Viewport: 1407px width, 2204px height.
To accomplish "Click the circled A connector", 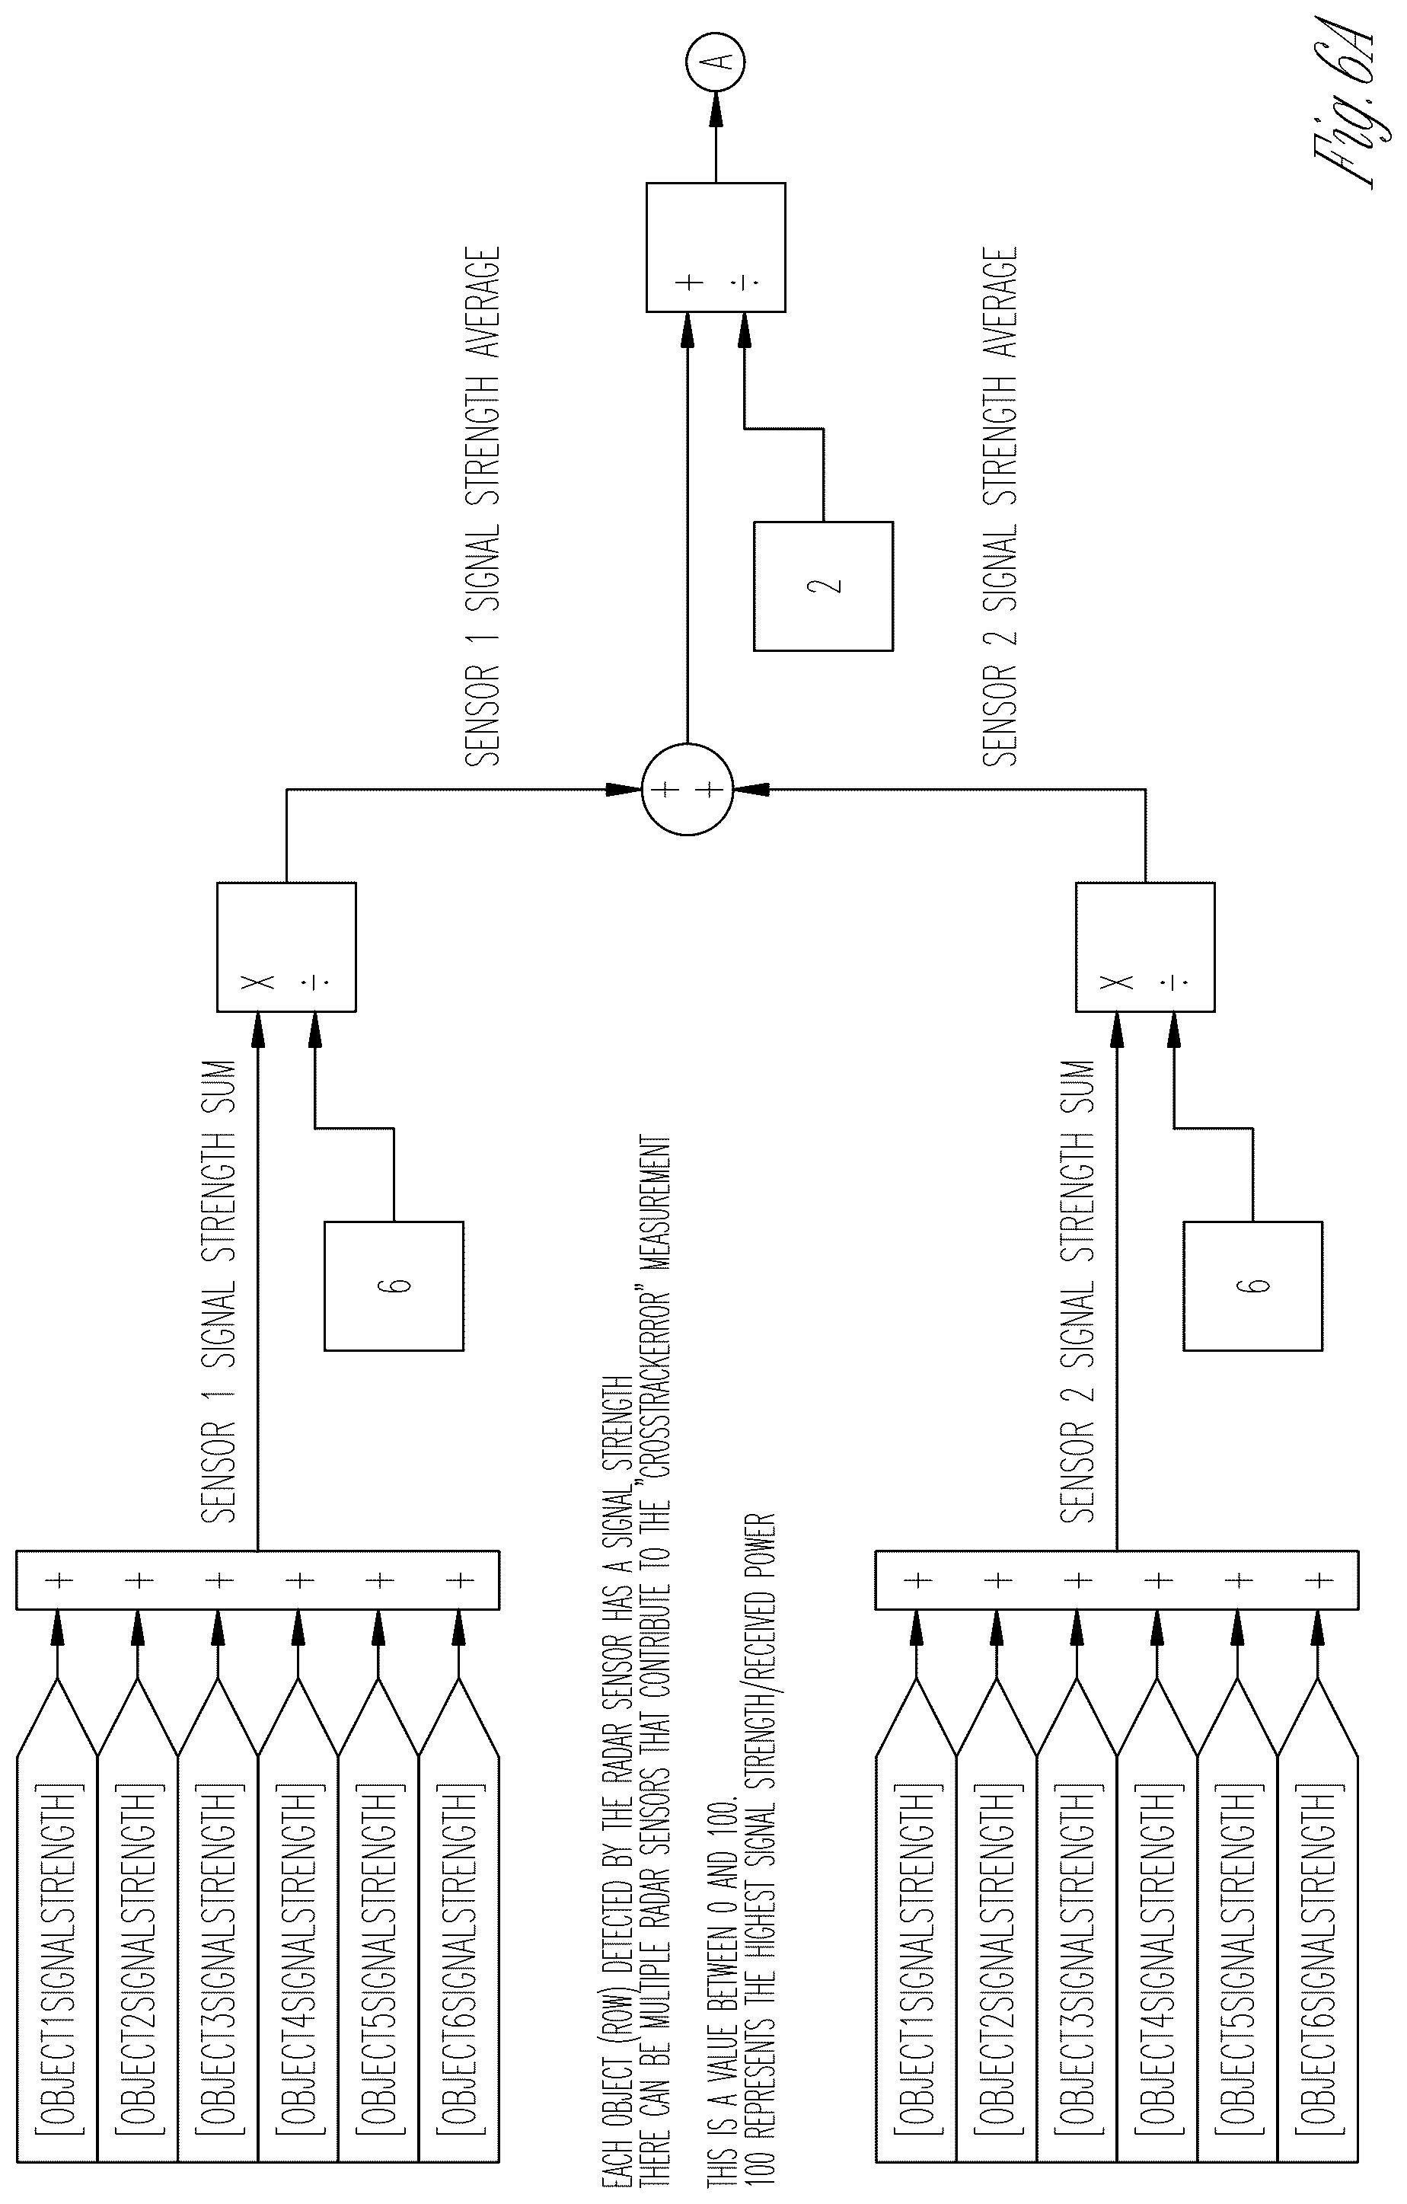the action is (x=716, y=62).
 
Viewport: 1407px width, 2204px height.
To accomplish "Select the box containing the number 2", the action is (x=823, y=586).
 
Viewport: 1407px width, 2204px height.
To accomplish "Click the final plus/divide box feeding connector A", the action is (x=716, y=247).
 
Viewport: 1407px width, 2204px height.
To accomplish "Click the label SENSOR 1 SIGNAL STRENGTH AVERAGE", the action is (x=482, y=504).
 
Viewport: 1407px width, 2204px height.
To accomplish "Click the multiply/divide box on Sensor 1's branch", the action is (x=286, y=947).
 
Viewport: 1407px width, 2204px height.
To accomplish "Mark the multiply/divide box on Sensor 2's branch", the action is (x=1145, y=947).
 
